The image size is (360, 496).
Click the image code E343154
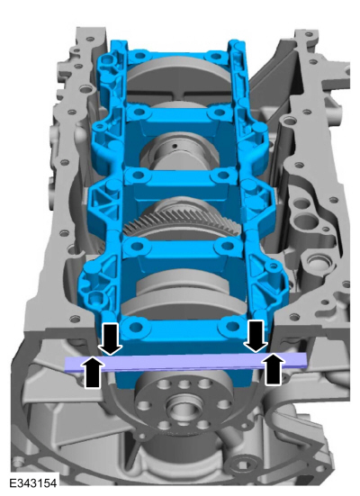point(33,483)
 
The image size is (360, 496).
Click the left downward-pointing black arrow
point(110,338)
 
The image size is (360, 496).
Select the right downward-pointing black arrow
point(256,337)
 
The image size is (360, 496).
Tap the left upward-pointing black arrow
point(93,372)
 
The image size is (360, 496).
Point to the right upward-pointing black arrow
point(274,368)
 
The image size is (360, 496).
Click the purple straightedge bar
point(185,362)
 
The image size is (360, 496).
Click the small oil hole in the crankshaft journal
point(174,146)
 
